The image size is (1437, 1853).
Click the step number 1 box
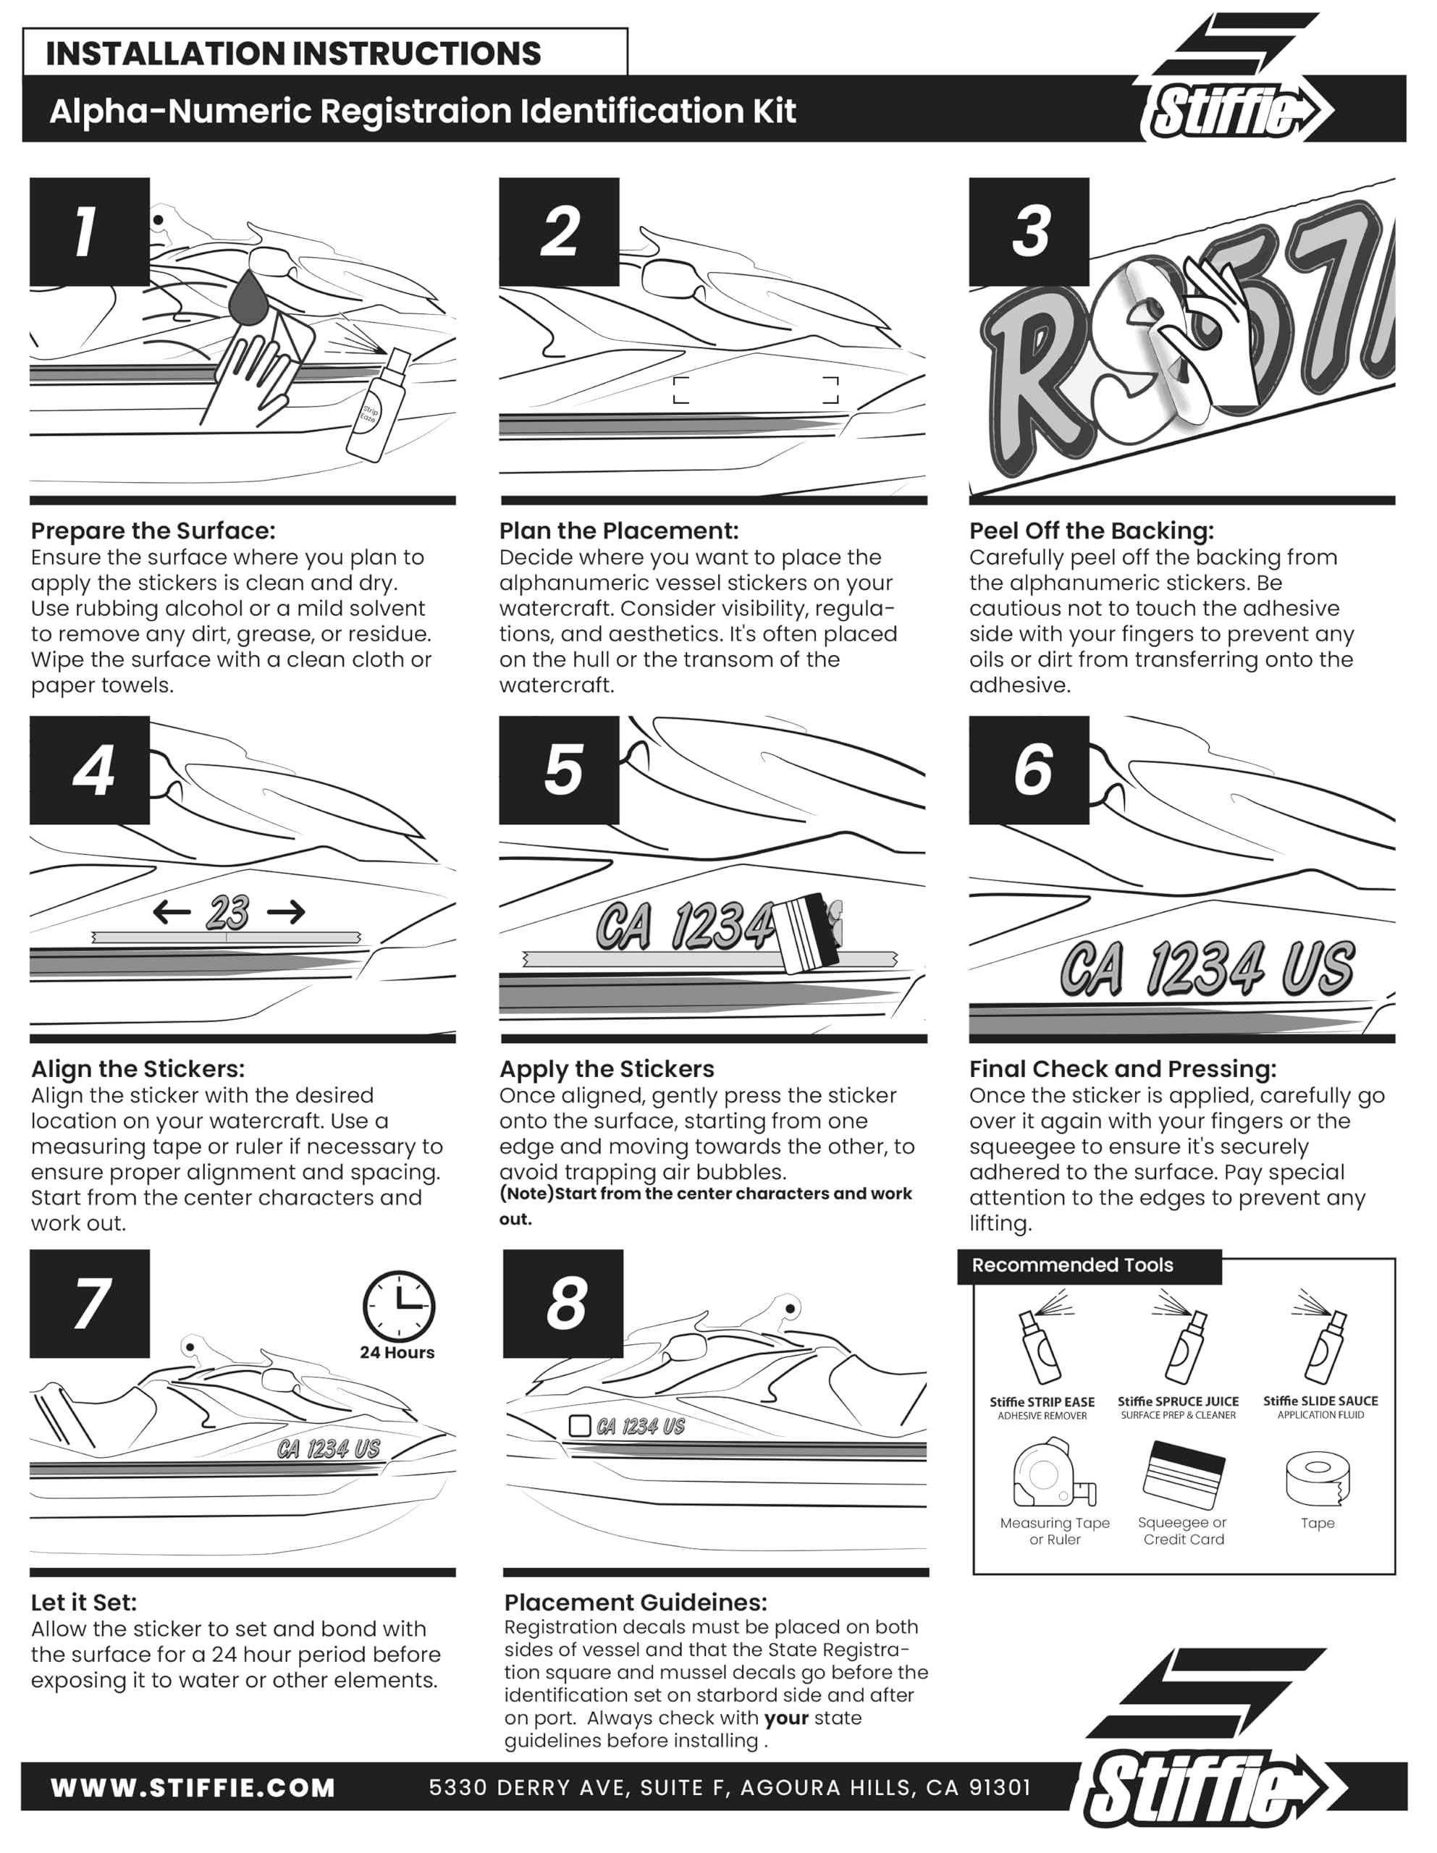click(89, 232)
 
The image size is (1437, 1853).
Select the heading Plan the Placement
click(619, 531)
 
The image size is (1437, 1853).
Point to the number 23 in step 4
click(227, 913)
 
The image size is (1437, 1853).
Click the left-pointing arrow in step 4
click(172, 913)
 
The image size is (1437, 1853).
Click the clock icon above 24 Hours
click(398, 1307)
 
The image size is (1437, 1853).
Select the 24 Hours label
click(397, 1352)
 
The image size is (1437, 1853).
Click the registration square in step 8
click(579, 1425)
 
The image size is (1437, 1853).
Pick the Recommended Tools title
click(1072, 1265)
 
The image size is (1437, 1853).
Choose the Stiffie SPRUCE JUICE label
click(1177, 1401)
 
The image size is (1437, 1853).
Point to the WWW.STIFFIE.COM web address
click(193, 1789)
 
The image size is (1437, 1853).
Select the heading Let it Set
click(83, 1603)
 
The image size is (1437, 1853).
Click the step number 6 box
click(1029, 770)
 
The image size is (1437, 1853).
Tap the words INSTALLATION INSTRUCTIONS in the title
click(293, 54)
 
